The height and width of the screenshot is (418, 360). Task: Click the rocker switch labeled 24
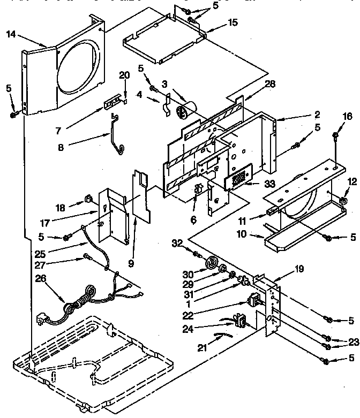[240, 321]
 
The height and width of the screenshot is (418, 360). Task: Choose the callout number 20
[124, 75]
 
